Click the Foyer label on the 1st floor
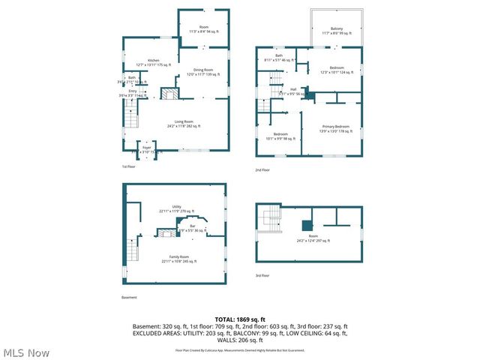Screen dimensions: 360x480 (x=146, y=149)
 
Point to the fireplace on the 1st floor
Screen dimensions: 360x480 (x=171, y=94)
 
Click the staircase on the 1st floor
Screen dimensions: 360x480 (x=132, y=118)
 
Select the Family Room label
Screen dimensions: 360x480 (x=178, y=259)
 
